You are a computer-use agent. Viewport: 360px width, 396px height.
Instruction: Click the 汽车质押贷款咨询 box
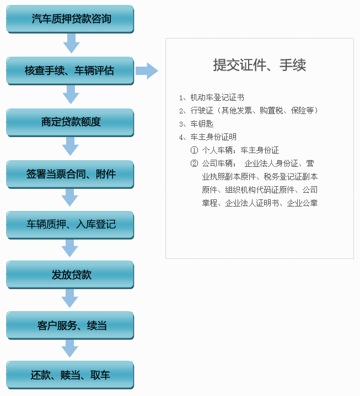tap(70, 19)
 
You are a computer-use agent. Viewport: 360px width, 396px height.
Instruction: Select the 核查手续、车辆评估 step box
tap(70, 71)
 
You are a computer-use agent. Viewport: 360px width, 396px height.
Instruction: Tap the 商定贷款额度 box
tap(70, 123)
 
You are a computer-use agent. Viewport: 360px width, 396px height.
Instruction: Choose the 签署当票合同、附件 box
tap(70, 175)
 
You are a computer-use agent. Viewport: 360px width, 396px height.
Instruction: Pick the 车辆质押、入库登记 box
tap(70, 225)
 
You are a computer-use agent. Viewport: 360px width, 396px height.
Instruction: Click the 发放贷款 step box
tap(70, 275)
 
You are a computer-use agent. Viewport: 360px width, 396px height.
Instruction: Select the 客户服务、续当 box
tap(70, 326)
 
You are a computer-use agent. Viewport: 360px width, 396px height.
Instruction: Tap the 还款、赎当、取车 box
tap(70, 375)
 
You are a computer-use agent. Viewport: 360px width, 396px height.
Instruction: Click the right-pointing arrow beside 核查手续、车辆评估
tap(147, 71)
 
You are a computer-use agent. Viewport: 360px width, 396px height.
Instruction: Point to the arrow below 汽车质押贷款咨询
tap(72, 44)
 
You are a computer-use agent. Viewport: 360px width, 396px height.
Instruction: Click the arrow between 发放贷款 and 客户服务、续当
tap(70, 299)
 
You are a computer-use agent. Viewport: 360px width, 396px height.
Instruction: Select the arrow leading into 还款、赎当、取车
tap(70, 349)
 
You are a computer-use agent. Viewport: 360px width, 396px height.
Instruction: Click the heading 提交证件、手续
tap(259, 65)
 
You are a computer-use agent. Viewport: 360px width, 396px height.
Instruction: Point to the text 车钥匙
tap(202, 124)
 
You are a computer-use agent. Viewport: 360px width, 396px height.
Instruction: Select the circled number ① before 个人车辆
tap(194, 150)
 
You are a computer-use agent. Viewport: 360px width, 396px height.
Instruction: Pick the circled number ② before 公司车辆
tap(194, 164)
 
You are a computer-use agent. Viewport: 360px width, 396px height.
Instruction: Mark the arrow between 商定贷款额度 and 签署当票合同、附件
tap(71, 147)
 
